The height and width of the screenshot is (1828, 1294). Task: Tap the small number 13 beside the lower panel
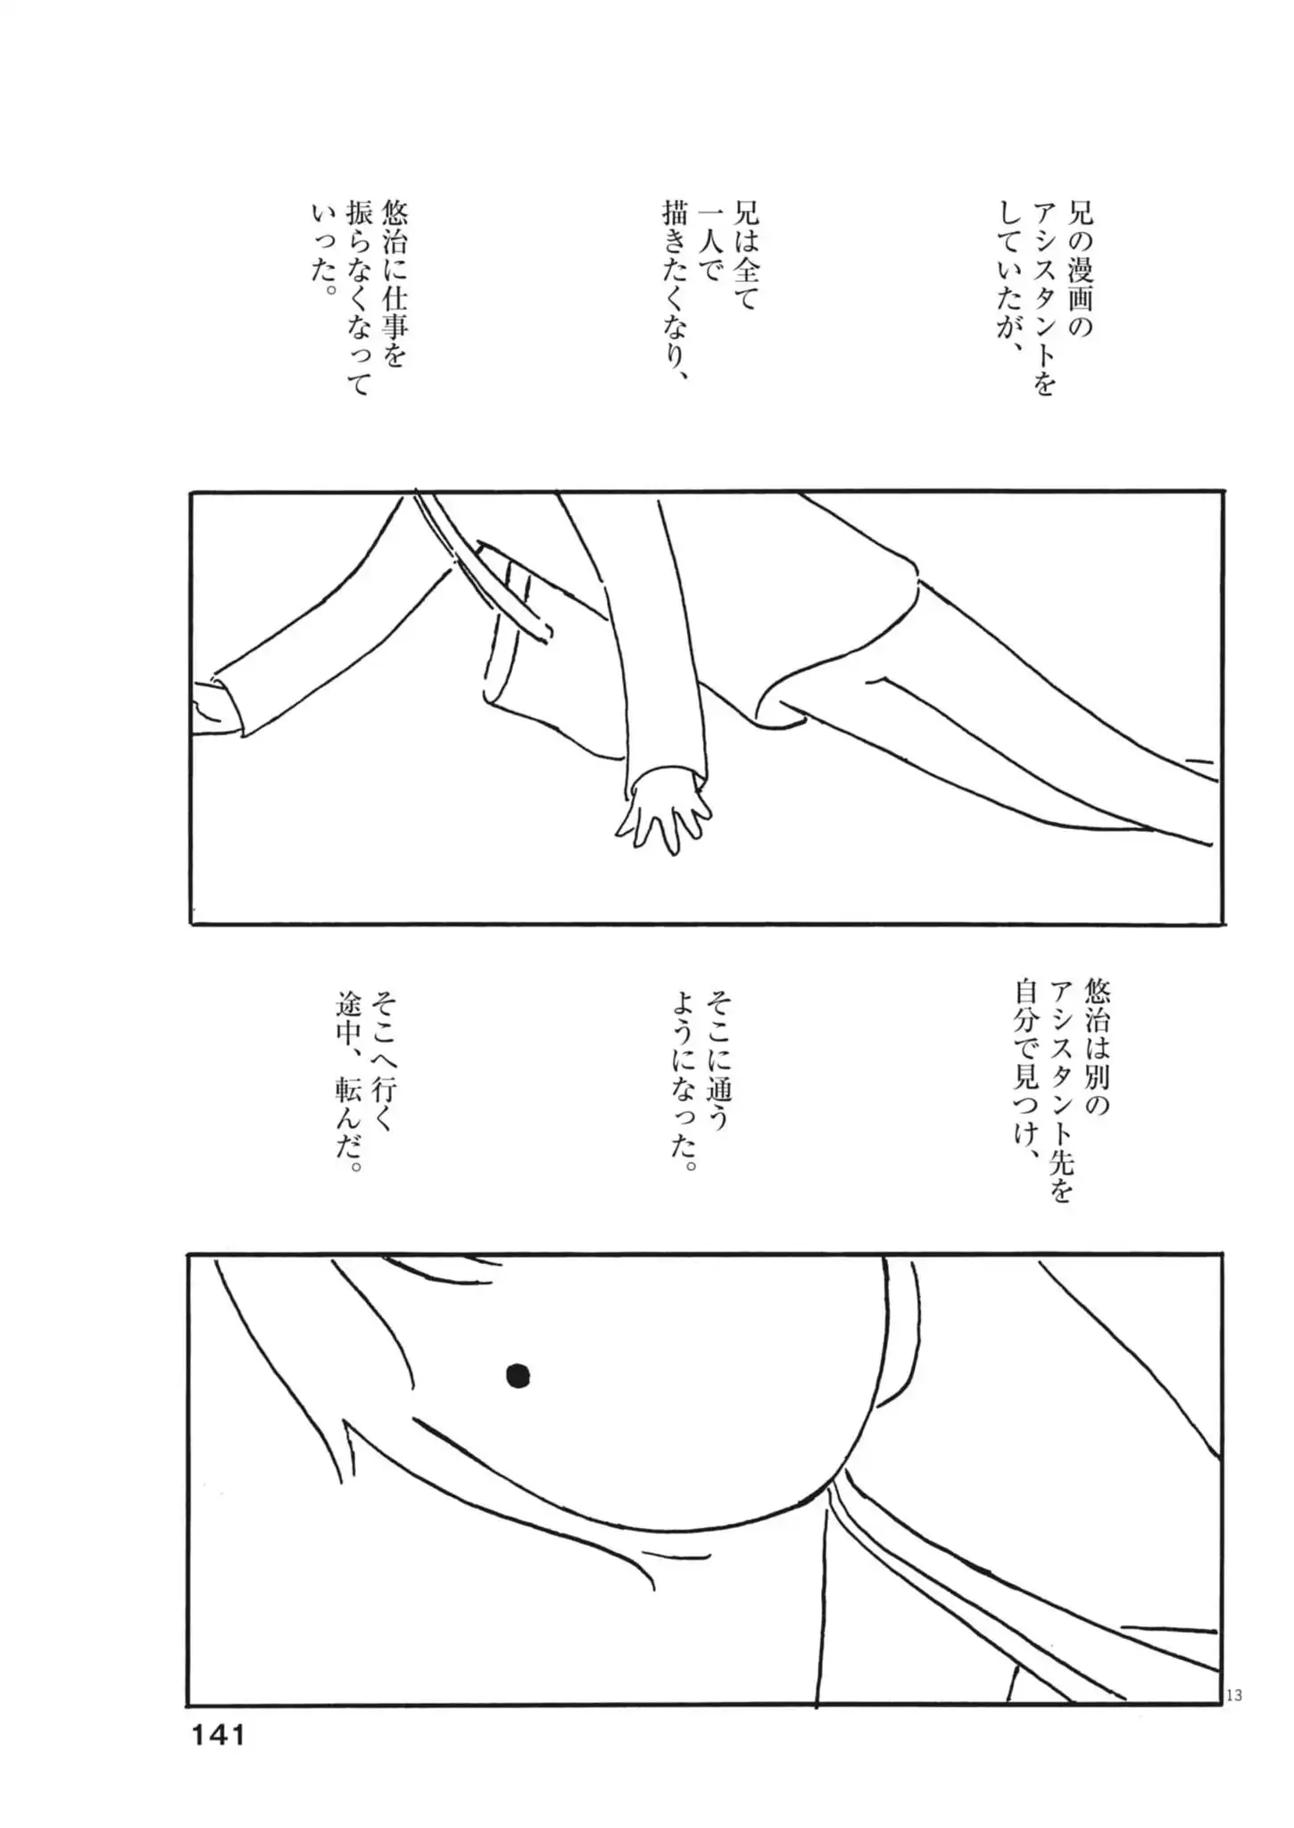1233,1695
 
